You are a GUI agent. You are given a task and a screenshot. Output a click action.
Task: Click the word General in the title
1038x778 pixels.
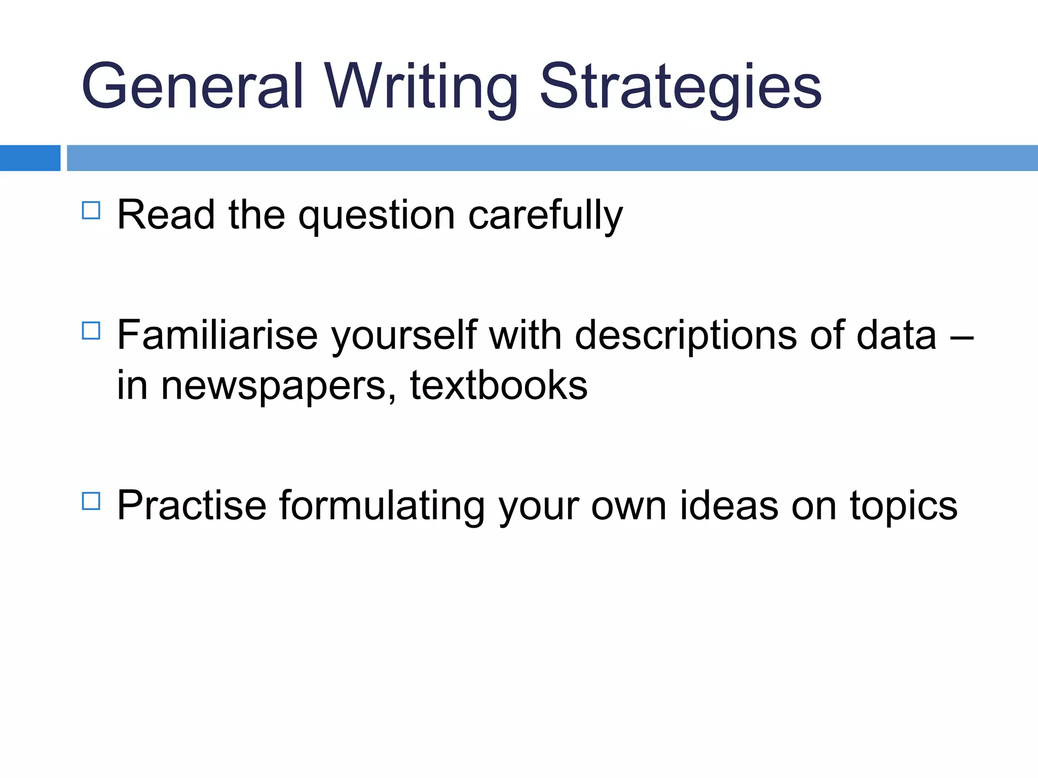[193, 86]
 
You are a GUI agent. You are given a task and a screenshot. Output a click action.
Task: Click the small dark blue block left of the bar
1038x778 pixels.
[30, 158]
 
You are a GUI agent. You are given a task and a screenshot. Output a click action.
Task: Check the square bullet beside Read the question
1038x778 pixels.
[91, 210]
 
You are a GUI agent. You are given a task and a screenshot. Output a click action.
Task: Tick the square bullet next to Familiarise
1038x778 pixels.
[91, 331]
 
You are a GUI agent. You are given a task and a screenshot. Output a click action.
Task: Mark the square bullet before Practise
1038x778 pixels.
[91, 501]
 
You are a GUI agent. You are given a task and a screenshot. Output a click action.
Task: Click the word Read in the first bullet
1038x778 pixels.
[166, 215]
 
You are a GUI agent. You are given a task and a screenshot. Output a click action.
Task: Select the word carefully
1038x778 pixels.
[545, 216]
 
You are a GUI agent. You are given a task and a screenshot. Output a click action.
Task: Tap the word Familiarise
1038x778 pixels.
[217, 335]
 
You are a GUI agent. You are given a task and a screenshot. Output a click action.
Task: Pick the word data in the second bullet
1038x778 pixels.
[896, 335]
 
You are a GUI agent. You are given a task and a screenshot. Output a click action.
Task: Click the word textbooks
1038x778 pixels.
[499, 385]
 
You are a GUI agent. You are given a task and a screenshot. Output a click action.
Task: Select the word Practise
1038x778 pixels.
[192, 505]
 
